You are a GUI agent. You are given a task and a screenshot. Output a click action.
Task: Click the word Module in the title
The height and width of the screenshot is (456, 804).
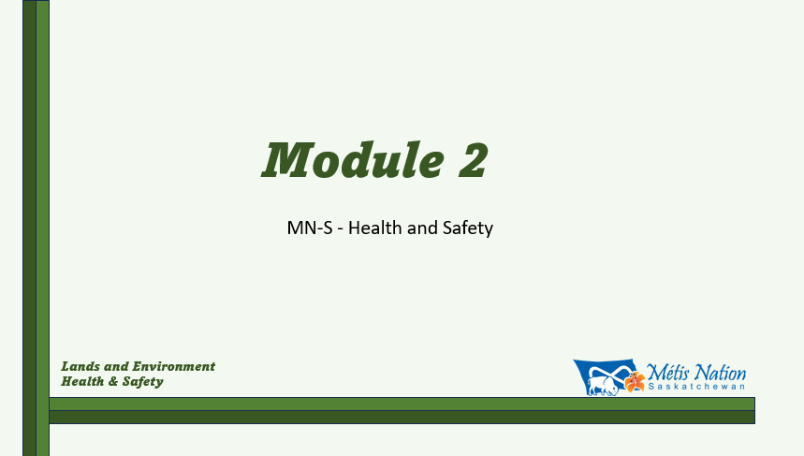pyautogui.click(x=353, y=159)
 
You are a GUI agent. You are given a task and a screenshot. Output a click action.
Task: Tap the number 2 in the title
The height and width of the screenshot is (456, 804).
pyautogui.click(x=473, y=159)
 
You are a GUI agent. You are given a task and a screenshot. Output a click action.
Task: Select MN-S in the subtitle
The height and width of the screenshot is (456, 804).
pyautogui.click(x=310, y=228)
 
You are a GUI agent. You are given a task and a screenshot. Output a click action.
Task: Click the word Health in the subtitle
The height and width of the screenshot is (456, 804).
pyautogui.click(x=374, y=228)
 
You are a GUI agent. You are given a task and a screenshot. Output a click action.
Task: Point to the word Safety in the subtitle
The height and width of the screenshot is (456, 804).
pyautogui.click(x=468, y=228)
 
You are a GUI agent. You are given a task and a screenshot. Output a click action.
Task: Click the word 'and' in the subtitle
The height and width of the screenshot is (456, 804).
pyautogui.click(x=422, y=228)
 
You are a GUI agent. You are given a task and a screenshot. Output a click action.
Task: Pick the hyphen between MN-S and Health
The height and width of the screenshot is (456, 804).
pyautogui.click(x=341, y=229)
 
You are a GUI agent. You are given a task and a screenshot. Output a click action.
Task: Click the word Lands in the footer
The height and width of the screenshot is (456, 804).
pyautogui.click(x=80, y=366)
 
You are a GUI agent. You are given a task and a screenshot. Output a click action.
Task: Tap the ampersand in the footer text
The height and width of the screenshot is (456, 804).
pyautogui.click(x=113, y=382)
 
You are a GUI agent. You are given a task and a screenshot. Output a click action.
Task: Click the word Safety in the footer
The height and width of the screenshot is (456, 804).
pyautogui.click(x=142, y=382)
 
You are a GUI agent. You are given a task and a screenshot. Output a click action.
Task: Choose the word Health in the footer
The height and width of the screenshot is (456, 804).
pyautogui.click(x=82, y=381)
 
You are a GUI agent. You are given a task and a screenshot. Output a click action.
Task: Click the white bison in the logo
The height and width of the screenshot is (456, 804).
pyautogui.click(x=604, y=386)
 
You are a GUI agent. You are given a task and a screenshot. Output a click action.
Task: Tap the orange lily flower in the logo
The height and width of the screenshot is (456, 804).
pyautogui.click(x=635, y=382)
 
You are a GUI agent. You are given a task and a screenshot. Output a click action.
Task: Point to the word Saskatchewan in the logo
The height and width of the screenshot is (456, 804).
pyautogui.click(x=696, y=387)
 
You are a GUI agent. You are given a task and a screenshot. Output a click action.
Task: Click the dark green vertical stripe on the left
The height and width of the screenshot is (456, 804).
pyautogui.click(x=30, y=228)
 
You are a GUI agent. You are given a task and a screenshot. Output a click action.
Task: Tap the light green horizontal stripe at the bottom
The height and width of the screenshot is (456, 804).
pyautogui.click(x=402, y=404)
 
